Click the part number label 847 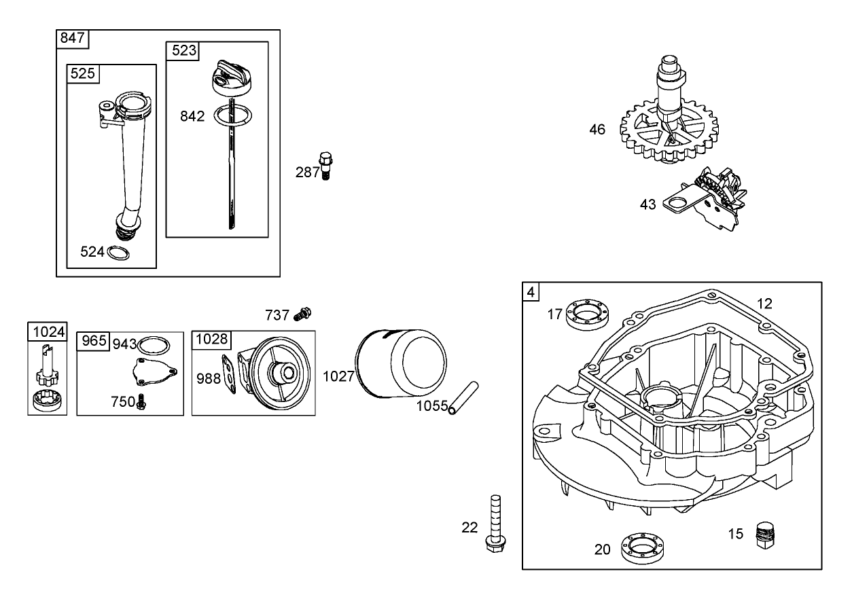pyautogui.click(x=72, y=38)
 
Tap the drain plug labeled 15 pyautogui.click(x=766, y=534)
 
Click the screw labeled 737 pyautogui.click(x=302, y=314)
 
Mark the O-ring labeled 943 pyautogui.click(x=154, y=344)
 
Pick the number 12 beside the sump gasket pyautogui.click(x=764, y=304)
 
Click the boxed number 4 pyautogui.click(x=531, y=292)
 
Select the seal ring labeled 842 pyautogui.click(x=231, y=116)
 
